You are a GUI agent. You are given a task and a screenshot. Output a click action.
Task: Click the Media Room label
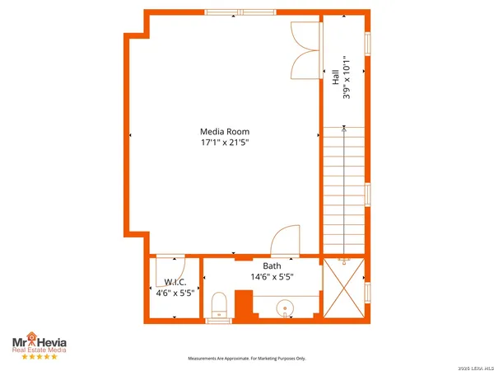224,131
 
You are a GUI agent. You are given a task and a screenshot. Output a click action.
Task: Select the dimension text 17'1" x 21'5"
224,143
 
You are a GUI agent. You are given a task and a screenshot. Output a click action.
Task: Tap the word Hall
335,77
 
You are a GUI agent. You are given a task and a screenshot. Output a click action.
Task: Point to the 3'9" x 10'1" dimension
346,77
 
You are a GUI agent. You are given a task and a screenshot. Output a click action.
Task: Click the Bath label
273,266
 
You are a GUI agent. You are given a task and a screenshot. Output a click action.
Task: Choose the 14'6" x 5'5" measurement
273,278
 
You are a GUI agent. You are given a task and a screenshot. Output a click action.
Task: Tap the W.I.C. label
175,281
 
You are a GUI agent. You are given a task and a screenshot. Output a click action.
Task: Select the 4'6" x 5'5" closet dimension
175,292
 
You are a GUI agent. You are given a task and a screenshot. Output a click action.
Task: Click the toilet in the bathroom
219,306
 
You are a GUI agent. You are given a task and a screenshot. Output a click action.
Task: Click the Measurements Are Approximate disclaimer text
247,359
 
